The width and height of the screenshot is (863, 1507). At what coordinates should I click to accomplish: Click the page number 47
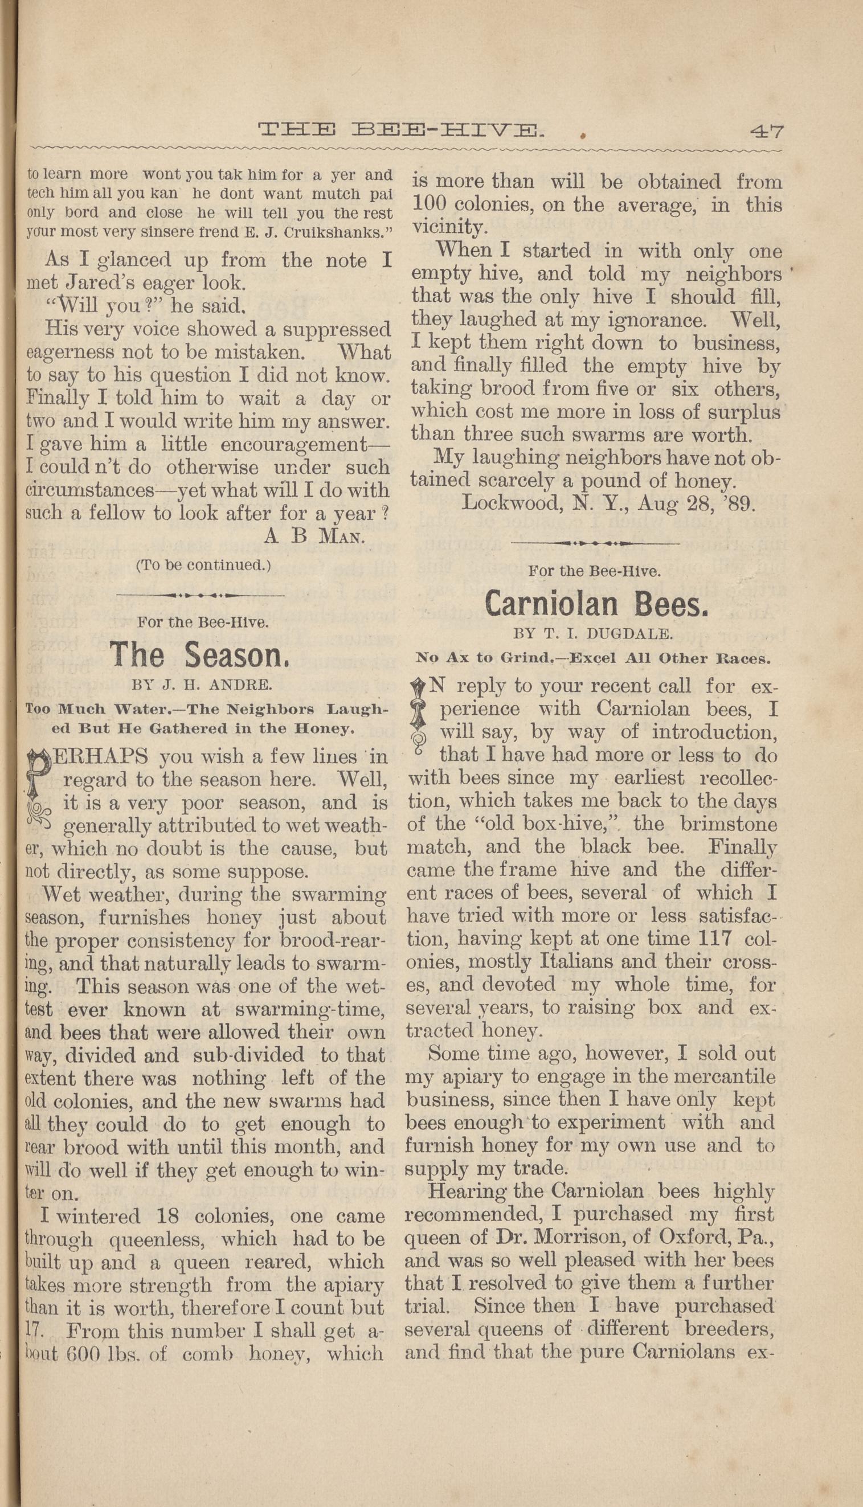766,130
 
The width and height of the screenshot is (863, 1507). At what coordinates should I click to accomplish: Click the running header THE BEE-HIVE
400,130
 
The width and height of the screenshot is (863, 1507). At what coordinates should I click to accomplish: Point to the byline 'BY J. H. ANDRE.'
202,686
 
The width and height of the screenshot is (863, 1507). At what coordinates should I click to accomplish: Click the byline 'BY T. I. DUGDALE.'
594,633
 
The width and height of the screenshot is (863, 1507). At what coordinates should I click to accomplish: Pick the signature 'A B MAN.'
314,536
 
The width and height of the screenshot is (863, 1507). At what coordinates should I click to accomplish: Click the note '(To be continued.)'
203,565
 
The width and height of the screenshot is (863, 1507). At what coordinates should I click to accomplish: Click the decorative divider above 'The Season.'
201,594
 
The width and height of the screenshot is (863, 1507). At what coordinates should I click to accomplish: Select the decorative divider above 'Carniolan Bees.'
595,542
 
